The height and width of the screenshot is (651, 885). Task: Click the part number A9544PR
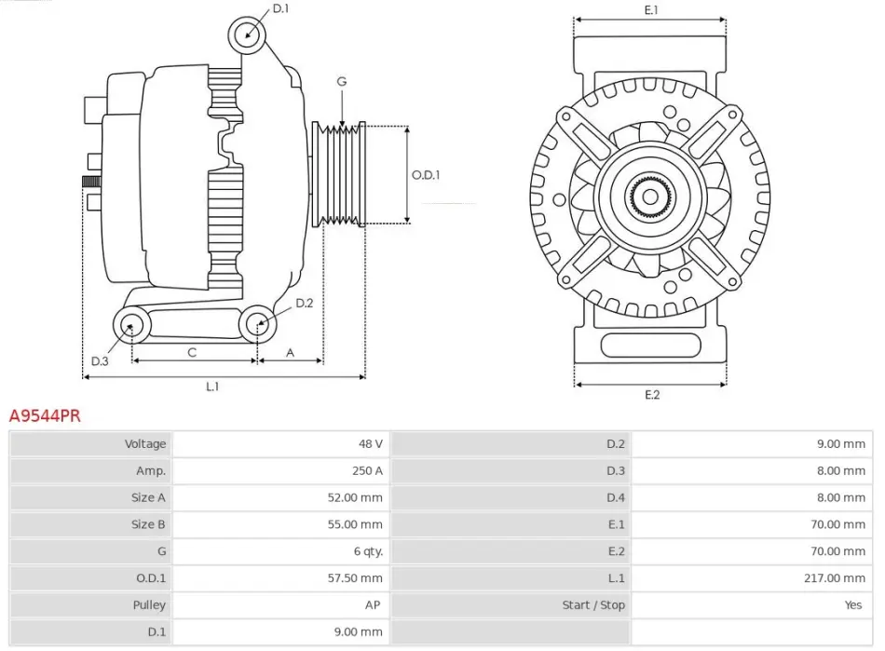(45, 416)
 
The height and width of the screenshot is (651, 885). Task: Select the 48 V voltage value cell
(371, 444)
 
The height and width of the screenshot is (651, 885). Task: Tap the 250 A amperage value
(368, 471)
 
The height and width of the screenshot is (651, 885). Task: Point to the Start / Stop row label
(593, 605)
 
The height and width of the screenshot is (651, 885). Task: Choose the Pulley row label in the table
(148, 605)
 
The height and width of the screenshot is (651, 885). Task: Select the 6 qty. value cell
(365, 551)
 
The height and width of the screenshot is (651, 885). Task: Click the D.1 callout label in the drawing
(280, 9)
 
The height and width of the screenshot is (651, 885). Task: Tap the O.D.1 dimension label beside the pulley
(426, 174)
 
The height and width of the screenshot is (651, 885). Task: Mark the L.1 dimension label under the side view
(212, 387)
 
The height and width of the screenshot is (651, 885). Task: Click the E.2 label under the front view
(652, 395)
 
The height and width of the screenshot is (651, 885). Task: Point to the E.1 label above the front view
(652, 10)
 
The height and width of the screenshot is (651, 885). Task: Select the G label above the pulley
(342, 82)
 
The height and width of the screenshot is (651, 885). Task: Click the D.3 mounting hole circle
(131, 325)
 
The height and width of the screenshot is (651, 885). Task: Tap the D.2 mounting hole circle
(258, 325)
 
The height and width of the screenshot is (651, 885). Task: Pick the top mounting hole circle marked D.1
(247, 34)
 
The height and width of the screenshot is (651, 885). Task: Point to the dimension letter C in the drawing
(192, 352)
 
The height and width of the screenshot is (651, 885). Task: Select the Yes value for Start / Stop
(853, 605)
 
